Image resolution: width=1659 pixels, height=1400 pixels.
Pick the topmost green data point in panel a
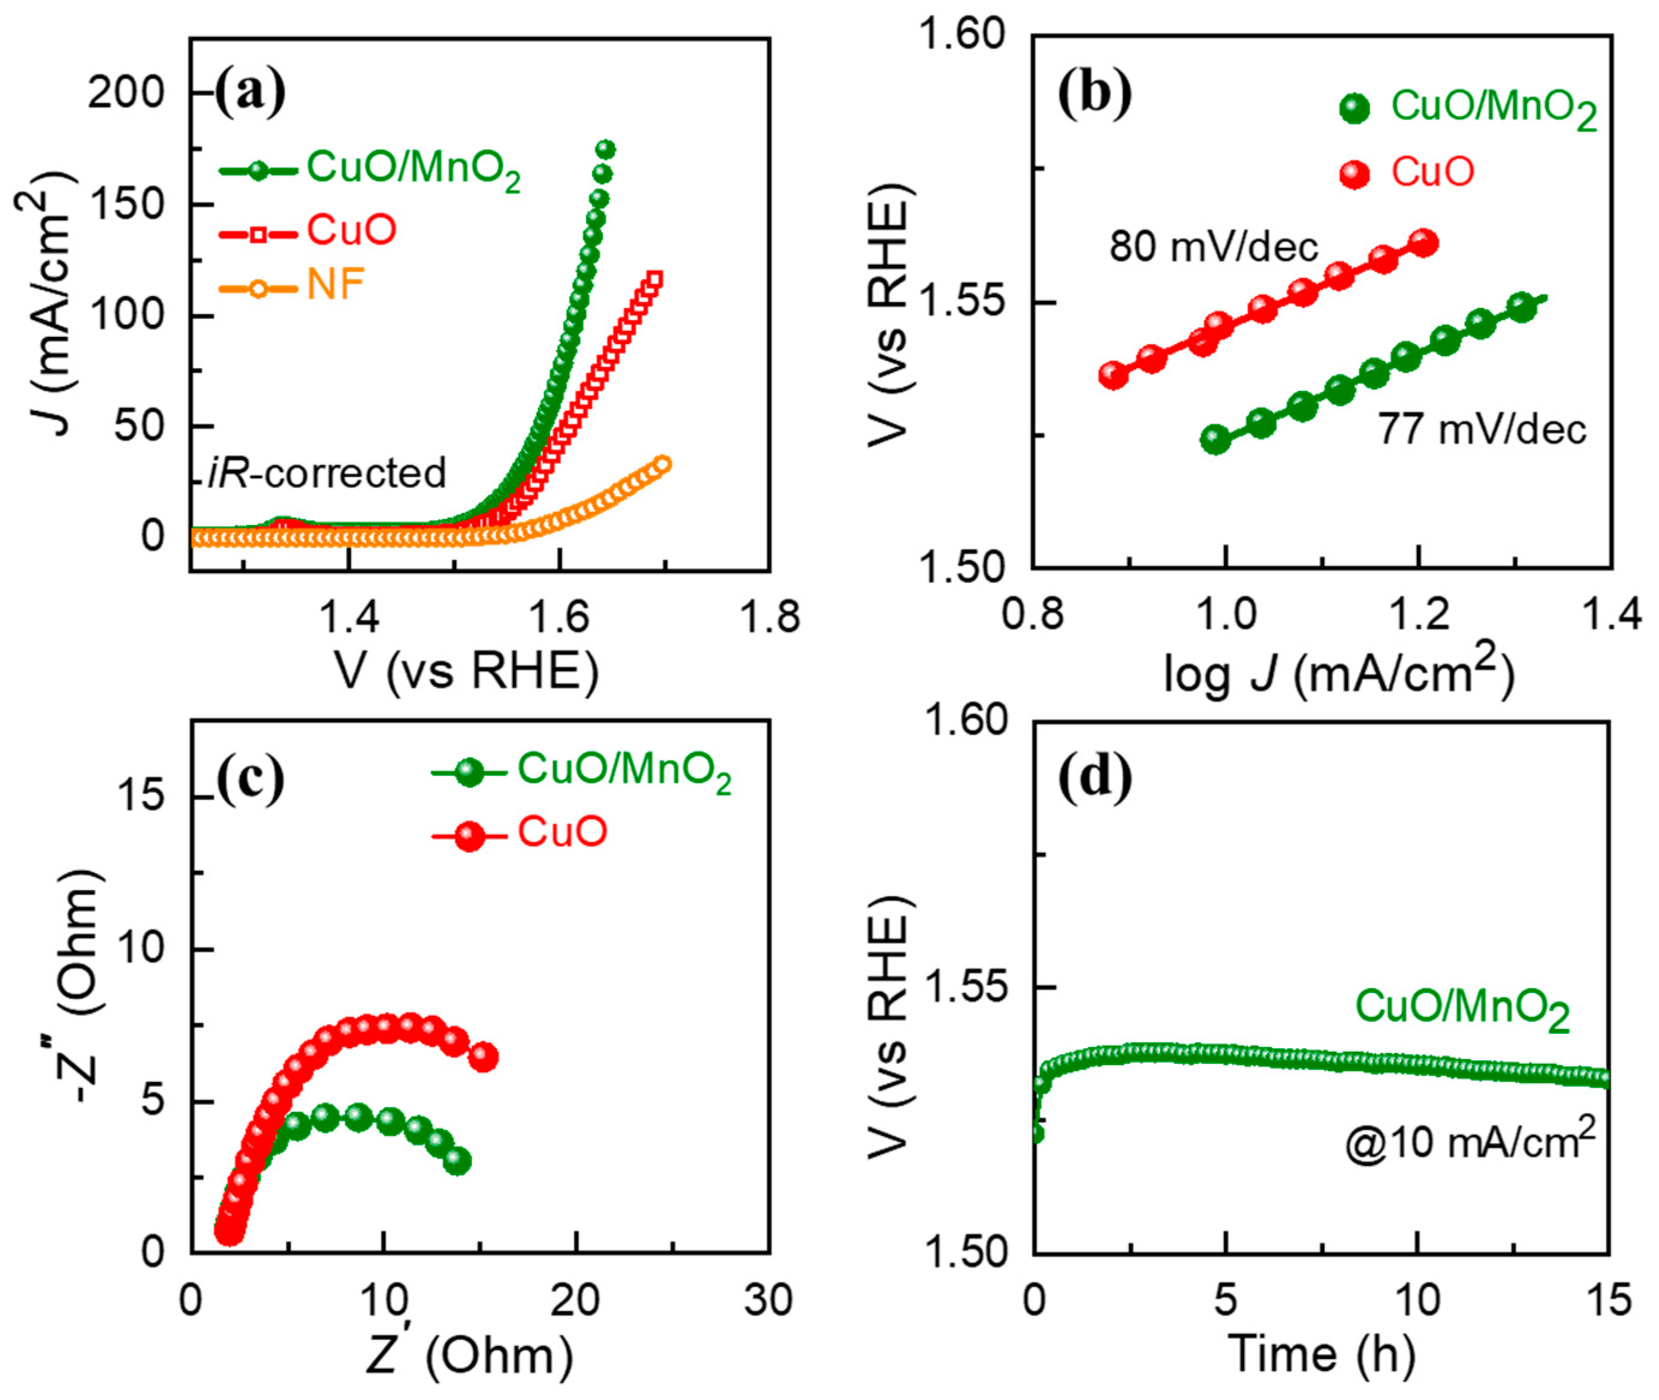point(606,150)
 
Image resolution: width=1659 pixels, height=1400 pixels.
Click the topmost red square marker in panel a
point(654,279)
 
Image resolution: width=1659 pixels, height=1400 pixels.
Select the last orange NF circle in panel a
point(663,464)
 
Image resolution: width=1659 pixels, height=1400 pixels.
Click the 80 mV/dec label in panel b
point(1214,247)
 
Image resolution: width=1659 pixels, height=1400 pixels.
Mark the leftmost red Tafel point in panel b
point(1114,375)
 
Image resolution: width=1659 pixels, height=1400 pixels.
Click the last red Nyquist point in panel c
point(484,1057)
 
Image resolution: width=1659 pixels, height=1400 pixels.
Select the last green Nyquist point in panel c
point(457,1162)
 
